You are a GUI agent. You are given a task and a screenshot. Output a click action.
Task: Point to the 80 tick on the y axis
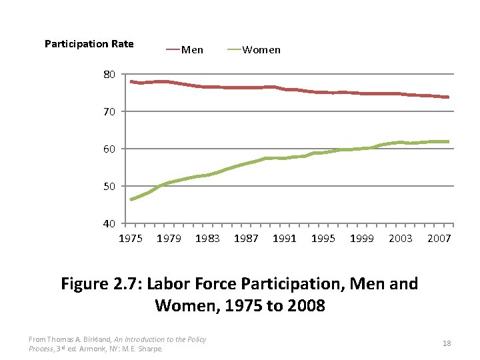(109, 74)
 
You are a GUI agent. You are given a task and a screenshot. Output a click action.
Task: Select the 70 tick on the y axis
(109, 111)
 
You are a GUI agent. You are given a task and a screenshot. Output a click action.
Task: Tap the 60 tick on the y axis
(109, 149)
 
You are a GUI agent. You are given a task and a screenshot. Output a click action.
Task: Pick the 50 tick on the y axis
(109, 186)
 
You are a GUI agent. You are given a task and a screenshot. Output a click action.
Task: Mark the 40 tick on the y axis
(109, 223)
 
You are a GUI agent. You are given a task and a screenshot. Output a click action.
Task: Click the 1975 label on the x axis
(130, 239)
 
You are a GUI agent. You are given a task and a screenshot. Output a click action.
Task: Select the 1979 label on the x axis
(169, 239)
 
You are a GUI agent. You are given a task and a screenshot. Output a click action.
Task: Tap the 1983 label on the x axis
(207, 239)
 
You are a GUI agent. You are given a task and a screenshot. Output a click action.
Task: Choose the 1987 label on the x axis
(246, 239)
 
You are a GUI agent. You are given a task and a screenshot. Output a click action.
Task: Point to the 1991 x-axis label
(285, 239)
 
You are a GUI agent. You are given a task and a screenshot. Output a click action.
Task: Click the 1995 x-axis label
(323, 239)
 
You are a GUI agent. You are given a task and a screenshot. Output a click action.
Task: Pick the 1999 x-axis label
(362, 239)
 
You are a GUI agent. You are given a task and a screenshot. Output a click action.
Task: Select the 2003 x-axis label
(401, 239)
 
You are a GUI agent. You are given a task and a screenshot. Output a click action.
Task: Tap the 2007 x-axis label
(439, 239)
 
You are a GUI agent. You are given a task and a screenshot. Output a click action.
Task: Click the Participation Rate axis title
(89, 44)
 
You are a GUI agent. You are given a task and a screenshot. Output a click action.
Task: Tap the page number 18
(447, 343)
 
